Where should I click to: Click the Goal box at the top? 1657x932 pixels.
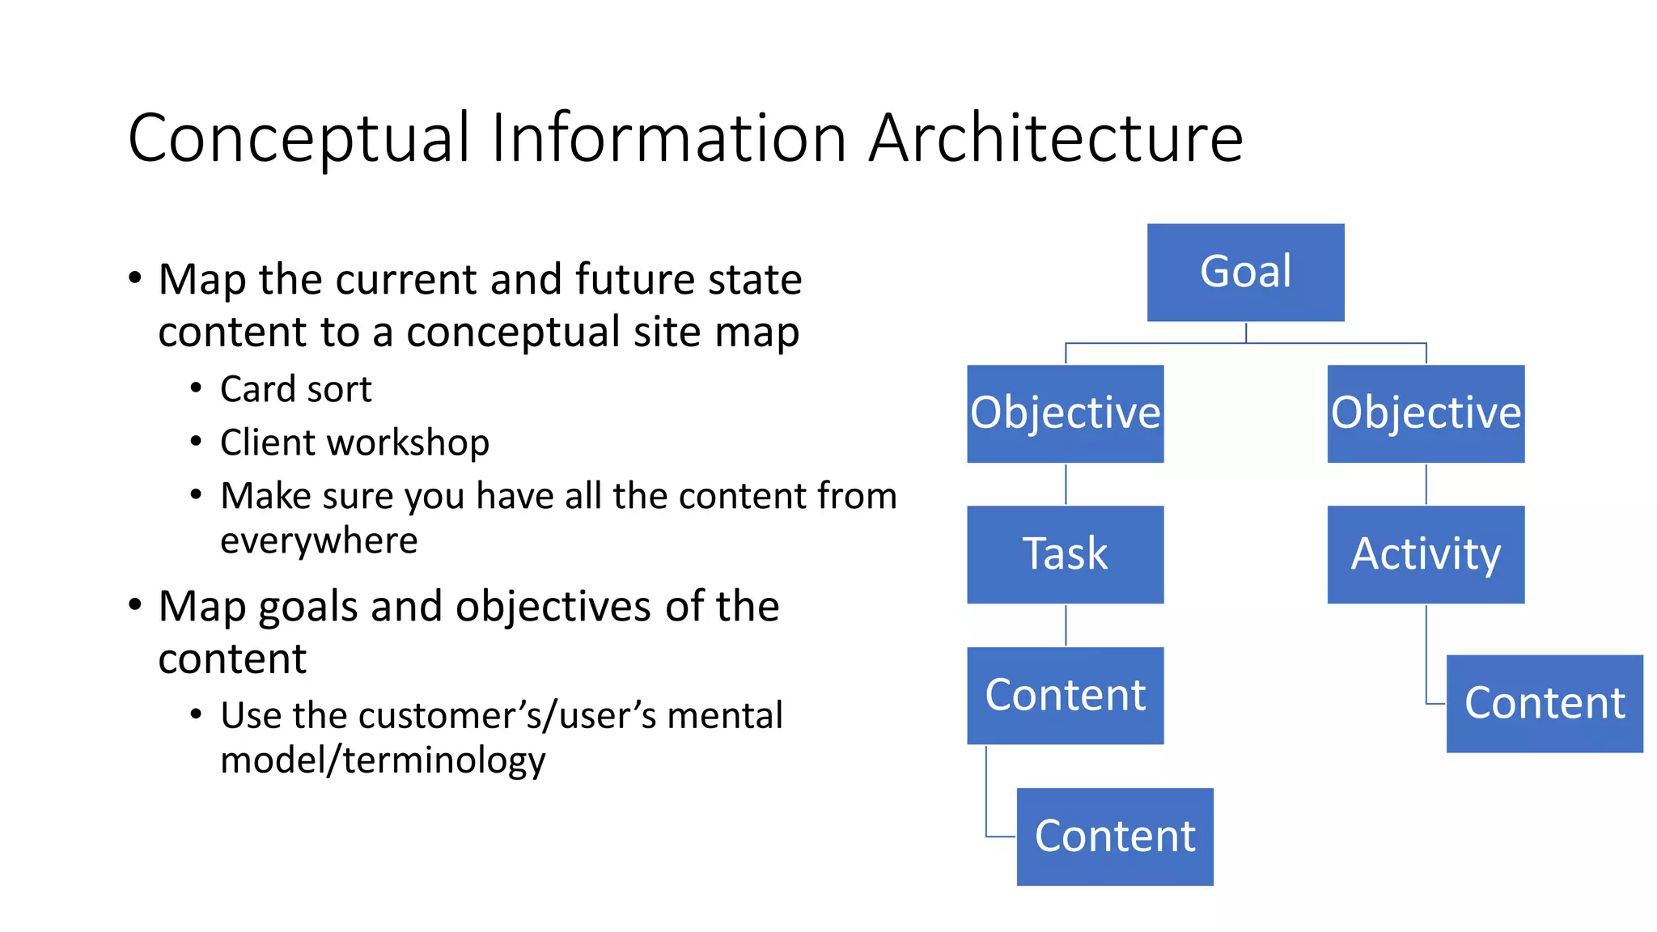point(1245,273)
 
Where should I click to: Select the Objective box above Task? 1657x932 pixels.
point(1065,413)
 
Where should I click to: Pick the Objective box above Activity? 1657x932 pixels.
point(1426,413)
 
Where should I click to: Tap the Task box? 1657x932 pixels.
point(1065,554)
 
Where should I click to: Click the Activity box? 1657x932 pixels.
point(1426,554)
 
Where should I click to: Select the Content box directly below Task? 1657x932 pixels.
point(1065,695)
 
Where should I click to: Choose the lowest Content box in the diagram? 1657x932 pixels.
point(1115,837)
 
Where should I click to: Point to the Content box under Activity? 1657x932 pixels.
point(1544,703)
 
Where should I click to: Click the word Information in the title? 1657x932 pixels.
point(668,138)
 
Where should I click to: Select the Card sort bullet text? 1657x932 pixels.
point(295,389)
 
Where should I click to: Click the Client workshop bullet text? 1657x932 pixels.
point(354,443)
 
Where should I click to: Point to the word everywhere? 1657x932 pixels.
point(319,540)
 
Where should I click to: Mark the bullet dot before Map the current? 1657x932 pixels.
point(135,278)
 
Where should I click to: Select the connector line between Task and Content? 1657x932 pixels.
point(1066,625)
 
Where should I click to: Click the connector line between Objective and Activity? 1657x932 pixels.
point(1426,484)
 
